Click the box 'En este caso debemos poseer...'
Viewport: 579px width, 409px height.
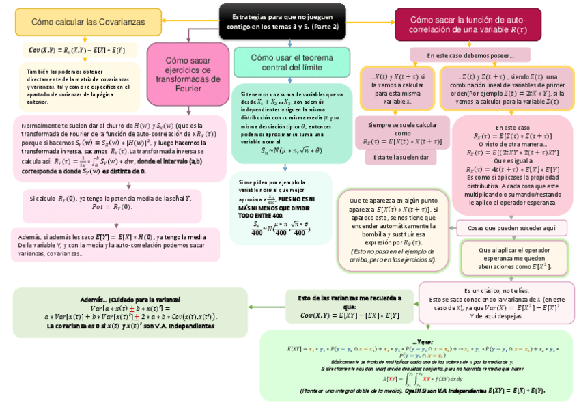coord(470,55)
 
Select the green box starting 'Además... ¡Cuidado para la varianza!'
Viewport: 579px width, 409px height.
coord(130,313)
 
